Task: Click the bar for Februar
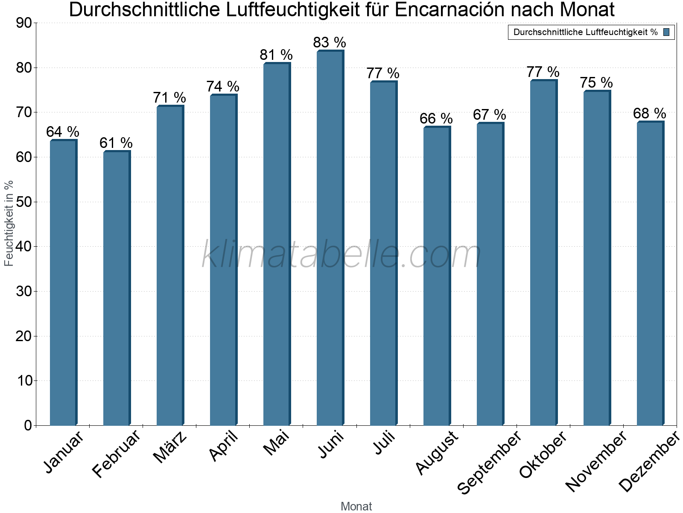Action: pos(117,289)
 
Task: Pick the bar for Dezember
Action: pos(650,274)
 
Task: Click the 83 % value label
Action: pos(330,42)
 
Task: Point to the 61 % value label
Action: pos(116,143)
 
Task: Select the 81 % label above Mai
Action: pos(276,55)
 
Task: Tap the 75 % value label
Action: pos(596,83)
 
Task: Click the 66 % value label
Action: pos(436,118)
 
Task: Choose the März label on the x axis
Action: pos(170,447)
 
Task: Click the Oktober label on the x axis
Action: pos(543,455)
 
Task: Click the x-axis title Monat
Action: pos(356,506)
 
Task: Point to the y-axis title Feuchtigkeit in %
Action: pos(9,223)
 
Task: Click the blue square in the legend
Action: pos(667,32)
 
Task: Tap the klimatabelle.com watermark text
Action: pos(341,255)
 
